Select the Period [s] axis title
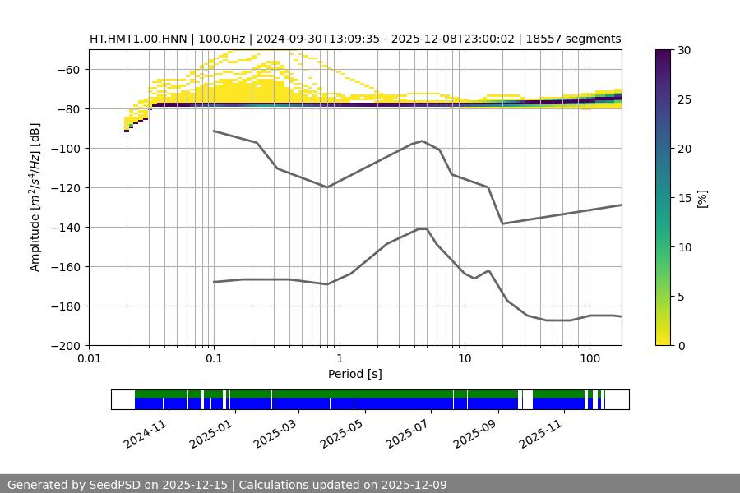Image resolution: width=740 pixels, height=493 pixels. pos(355,374)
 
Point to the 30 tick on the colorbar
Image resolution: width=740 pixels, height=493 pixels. pos(684,50)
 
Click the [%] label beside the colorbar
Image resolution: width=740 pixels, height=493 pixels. pos(701,198)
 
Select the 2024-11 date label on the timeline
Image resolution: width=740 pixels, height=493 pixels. pos(146,432)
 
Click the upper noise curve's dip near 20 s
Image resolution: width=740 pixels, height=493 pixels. pos(502,223)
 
